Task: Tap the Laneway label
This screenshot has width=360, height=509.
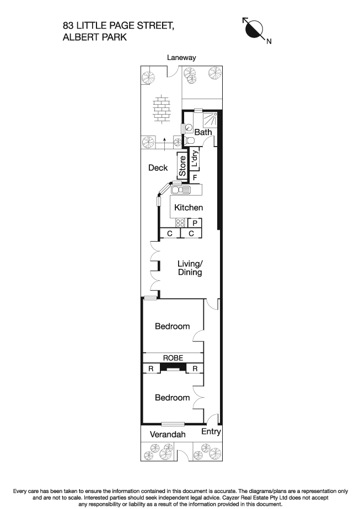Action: pyautogui.click(x=181, y=57)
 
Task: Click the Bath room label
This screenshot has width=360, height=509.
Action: pyautogui.click(x=203, y=132)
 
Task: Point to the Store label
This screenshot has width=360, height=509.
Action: pyautogui.click(x=182, y=166)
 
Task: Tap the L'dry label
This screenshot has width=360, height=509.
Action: pyautogui.click(x=195, y=159)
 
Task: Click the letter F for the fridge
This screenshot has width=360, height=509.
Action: pyautogui.click(x=195, y=177)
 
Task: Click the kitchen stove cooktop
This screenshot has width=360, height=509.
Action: pyautogui.click(x=180, y=223)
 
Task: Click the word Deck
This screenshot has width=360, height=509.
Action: pyautogui.click(x=158, y=168)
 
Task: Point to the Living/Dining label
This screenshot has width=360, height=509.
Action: pyautogui.click(x=190, y=268)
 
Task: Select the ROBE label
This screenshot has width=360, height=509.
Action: pyautogui.click(x=173, y=358)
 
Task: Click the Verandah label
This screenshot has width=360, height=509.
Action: pyautogui.click(x=168, y=435)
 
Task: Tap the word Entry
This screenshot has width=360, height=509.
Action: pyautogui.click(x=211, y=431)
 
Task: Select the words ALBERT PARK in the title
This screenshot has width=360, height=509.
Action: pyautogui.click(x=95, y=37)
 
